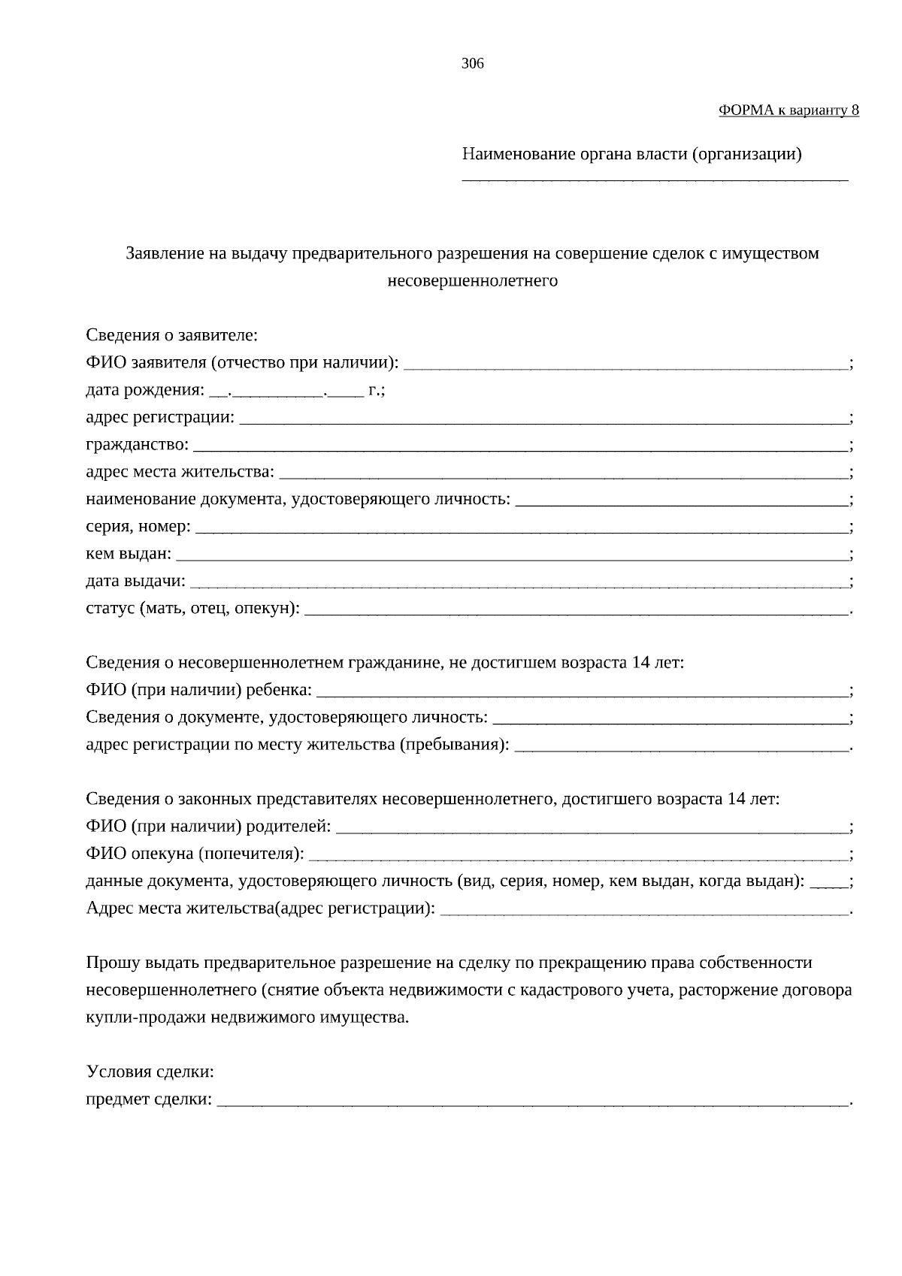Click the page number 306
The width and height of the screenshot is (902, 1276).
(x=472, y=64)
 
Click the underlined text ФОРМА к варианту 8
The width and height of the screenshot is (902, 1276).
(x=788, y=110)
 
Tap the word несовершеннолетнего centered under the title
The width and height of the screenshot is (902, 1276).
(x=472, y=282)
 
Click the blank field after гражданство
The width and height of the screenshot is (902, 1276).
(x=519, y=449)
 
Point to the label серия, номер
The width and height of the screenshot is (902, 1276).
(x=138, y=527)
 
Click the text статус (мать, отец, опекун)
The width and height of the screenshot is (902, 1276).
(x=192, y=609)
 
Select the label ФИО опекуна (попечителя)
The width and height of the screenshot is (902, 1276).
(x=195, y=854)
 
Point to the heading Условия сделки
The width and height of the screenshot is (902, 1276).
(x=150, y=1072)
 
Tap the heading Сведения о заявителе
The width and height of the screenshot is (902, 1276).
(x=171, y=335)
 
